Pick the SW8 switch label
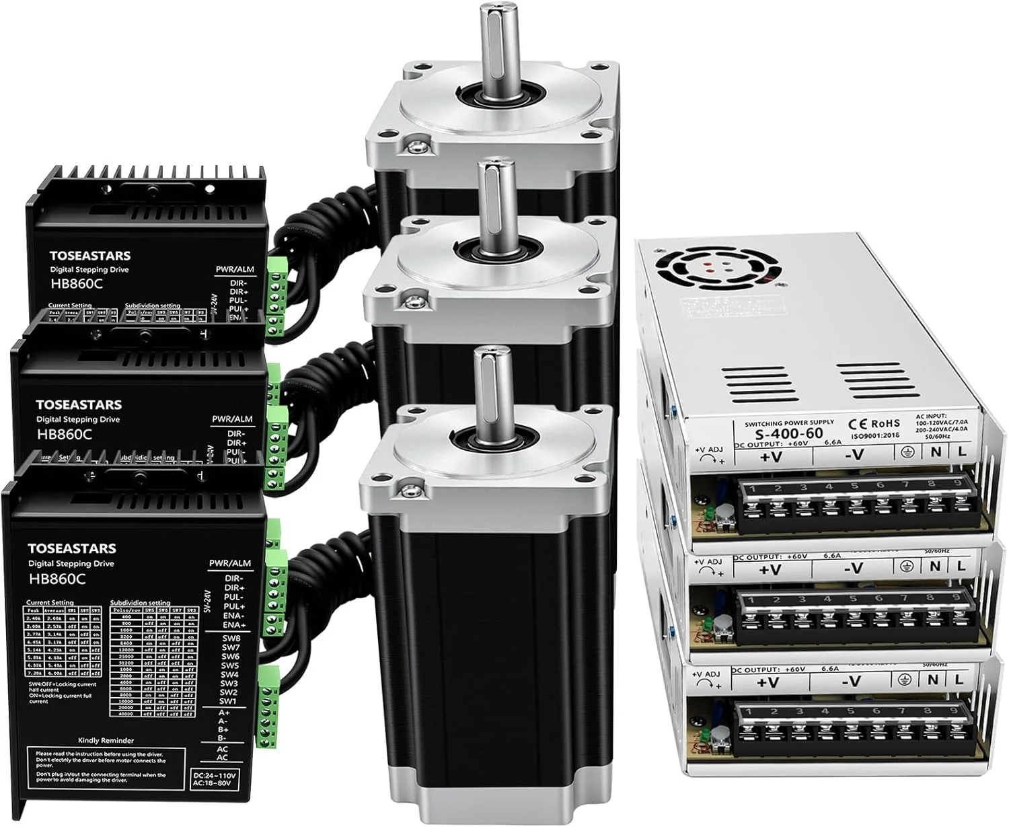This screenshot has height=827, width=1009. pos(231,638)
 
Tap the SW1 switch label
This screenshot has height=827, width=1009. pos(229,701)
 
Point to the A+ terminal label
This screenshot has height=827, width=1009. pos(223,712)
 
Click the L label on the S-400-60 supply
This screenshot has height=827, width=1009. pos(961,452)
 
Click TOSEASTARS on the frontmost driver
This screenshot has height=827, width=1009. pos(71,548)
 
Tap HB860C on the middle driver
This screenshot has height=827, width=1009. pos(64,434)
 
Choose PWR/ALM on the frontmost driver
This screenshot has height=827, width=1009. pos(229,563)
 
